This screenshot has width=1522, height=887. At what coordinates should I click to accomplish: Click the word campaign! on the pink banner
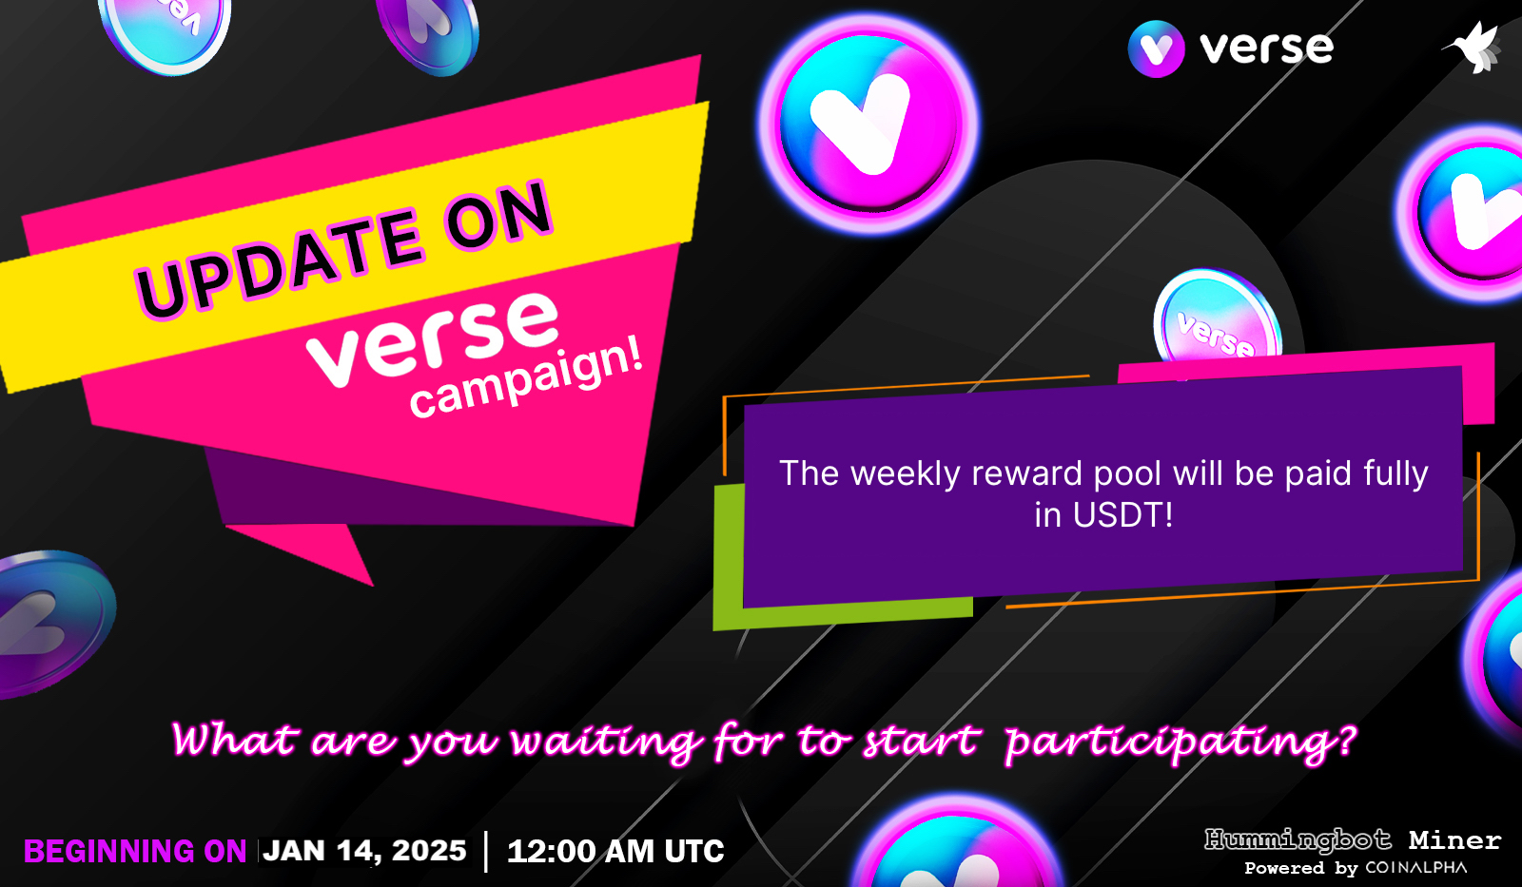tap(526, 378)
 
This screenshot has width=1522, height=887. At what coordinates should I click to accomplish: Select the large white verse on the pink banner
tap(433, 338)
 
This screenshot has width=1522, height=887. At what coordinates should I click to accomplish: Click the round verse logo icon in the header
tap(1156, 48)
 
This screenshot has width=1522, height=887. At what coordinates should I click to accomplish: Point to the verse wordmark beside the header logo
tap(1266, 48)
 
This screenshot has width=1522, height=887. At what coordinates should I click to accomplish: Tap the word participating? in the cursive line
tap(1180, 742)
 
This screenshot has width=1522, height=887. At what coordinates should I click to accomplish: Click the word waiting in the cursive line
tap(605, 742)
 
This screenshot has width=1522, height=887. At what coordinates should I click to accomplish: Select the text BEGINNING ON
tap(135, 852)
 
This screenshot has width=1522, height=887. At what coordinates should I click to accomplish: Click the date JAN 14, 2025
tap(365, 851)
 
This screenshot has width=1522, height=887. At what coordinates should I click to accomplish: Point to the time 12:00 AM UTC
tap(615, 852)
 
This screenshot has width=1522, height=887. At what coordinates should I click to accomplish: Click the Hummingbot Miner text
tap(1352, 840)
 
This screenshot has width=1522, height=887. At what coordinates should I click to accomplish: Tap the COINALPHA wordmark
tap(1415, 868)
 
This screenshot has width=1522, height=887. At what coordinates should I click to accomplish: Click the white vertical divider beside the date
tap(486, 851)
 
